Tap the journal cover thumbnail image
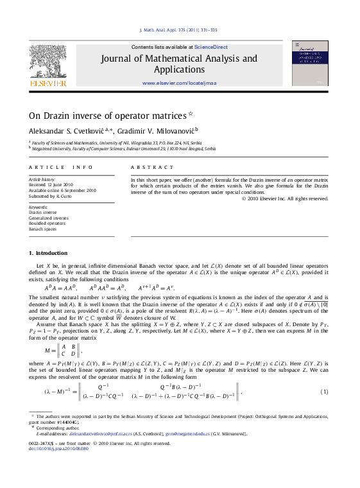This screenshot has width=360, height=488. (309, 63)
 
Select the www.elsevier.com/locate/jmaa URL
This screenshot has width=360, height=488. (179, 83)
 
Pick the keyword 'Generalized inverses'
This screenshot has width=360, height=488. (48, 218)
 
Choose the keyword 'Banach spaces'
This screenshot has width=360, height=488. (43, 229)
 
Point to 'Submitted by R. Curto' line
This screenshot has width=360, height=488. (51, 196)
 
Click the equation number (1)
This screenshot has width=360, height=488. (325, 392)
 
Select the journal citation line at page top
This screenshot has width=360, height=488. (178, 30)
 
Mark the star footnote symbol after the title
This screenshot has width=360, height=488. (191, 114)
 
